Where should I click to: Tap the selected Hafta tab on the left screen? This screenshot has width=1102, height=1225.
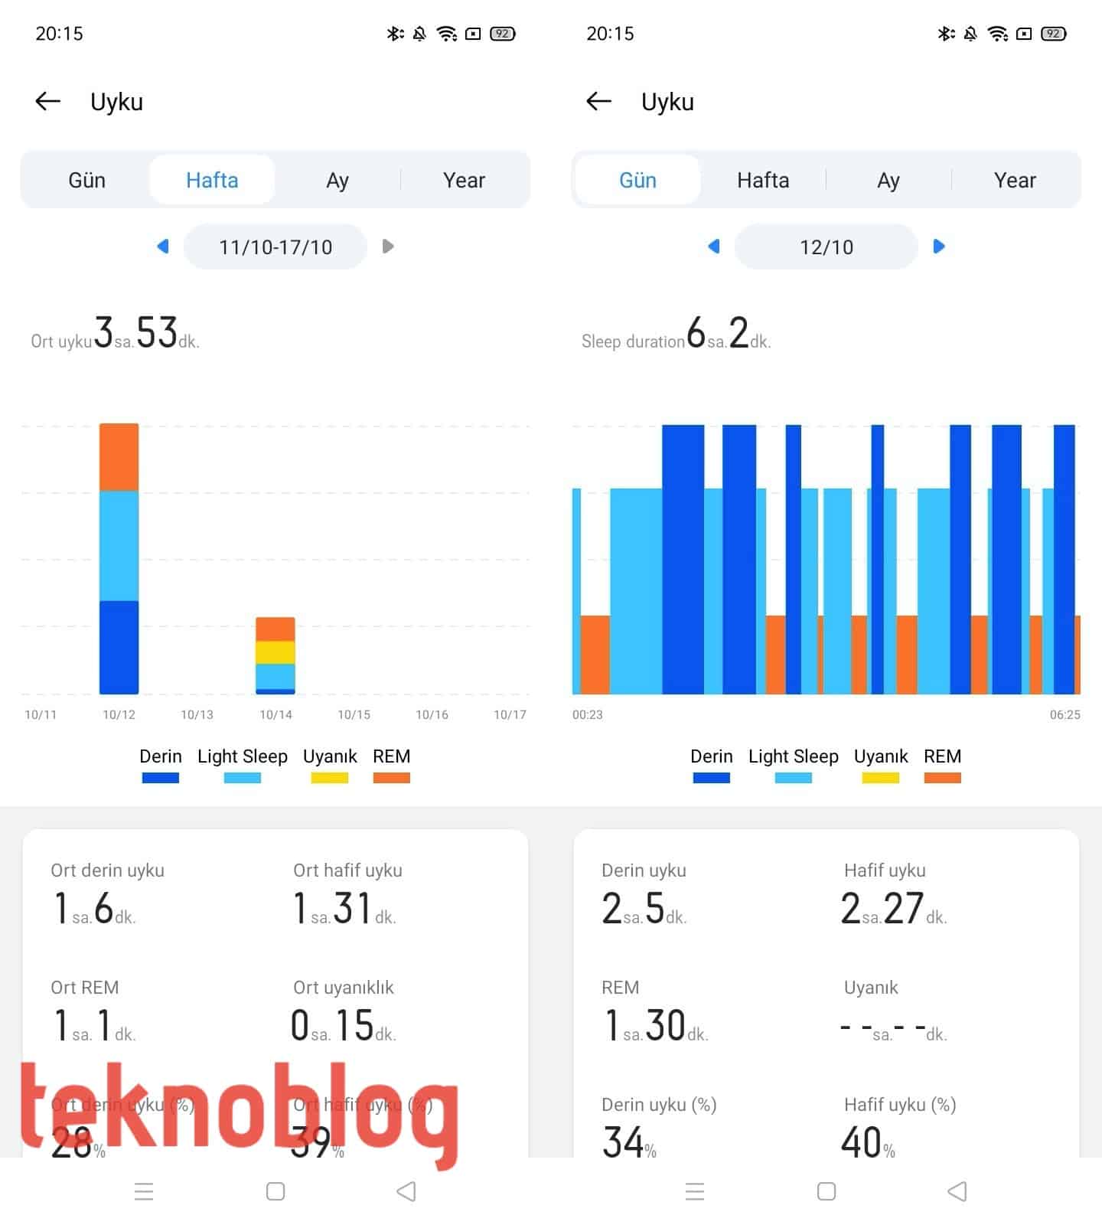pos(212,180)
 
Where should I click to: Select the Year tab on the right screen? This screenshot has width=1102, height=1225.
pos(1015,180)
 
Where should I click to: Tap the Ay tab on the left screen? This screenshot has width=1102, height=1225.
pos(337,180)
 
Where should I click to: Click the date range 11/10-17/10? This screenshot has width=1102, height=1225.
pos(275,247)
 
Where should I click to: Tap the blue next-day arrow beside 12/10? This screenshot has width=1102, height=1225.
pos(939,247)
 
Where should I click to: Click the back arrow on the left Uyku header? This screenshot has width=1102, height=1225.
pos(48,101)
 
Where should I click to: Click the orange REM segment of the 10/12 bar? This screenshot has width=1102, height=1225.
pos(119,457)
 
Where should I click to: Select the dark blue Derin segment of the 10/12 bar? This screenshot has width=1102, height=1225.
pos(119,647)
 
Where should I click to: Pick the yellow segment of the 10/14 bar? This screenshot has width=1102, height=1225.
pos(275,652)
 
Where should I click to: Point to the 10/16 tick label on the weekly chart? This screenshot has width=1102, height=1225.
pos(432,714)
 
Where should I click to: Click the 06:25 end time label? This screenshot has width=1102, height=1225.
pos(1065,714)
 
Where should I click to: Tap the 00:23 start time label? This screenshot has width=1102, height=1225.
pos(588,714)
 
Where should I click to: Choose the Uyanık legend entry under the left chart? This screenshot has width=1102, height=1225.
pos(330,765)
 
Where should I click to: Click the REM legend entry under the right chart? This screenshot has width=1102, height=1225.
pos(942,765)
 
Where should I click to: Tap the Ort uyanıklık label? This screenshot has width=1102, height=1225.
pos(344,988)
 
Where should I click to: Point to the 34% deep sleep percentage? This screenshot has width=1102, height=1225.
pos(628,1142)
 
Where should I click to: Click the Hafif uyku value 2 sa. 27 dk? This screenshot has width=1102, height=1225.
pos(893,909)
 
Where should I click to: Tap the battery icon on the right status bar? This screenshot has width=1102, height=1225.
pos(1054,34)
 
